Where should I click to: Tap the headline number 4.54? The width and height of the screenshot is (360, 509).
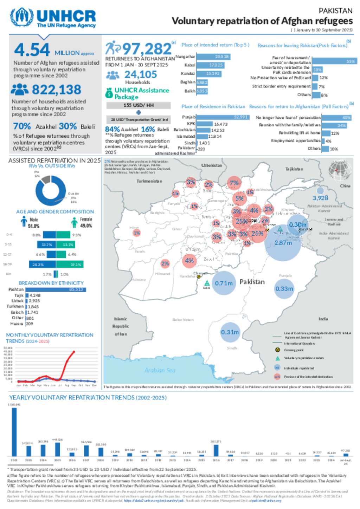tap(32, 50)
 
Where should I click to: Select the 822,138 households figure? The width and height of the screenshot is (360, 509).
tap(56, 90)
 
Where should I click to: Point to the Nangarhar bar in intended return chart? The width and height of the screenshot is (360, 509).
tap(213, 57)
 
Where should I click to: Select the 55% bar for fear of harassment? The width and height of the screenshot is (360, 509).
tap(334, 61)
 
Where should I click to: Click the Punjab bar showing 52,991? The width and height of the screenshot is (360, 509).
tap(223, 117)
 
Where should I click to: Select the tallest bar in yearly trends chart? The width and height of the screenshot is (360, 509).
tap(14, 432)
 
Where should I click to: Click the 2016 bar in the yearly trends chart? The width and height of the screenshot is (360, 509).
tap(216, 450)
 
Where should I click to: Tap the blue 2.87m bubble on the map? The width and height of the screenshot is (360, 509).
tap(283, 243)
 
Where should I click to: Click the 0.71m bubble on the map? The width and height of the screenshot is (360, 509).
tap(224, 283)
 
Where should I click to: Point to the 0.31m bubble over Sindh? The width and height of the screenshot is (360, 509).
tap(230, 332)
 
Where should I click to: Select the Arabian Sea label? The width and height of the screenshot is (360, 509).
tap(160, 370)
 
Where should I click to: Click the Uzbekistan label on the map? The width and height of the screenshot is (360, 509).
tap(212, 165)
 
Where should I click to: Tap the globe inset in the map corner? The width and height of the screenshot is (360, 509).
tap(339, 170)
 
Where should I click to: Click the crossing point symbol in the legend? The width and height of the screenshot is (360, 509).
tap(277, 350)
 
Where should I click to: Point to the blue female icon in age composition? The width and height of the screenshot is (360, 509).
tap(74, 222)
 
